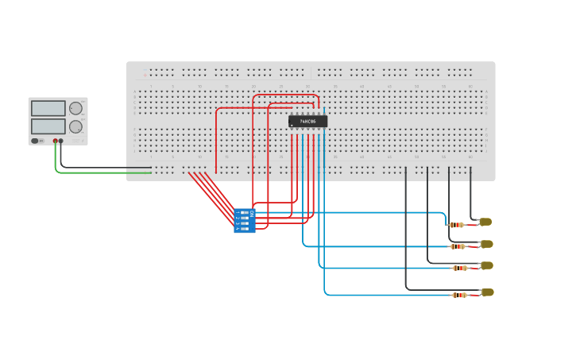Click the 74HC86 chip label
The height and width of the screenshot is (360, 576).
[308, 122]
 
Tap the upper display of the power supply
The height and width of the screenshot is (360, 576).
[48, 108]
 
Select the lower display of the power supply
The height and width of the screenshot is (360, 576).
[48, 126]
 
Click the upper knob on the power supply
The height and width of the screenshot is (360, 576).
[75, 108]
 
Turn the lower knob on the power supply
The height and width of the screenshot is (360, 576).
[75, 126]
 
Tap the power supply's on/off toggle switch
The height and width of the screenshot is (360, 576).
[36, 141]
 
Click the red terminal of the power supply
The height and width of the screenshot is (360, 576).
[56, 141]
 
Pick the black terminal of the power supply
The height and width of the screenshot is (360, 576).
[61, 141]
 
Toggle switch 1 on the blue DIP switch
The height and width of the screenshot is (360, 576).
[244, 213]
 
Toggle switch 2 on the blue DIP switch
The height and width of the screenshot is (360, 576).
[244, 218]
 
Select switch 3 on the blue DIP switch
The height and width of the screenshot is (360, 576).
[244, 223]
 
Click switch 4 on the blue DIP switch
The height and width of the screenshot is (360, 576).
[244, 229]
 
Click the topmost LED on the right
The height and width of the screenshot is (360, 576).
[485, 222]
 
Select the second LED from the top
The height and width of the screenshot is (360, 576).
[486, 244]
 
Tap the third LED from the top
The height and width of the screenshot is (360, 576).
[486, 265]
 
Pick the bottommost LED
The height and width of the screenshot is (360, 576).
[487, 292]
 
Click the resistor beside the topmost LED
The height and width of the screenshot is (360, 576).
[457, 225]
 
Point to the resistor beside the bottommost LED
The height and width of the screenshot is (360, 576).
[460, 296]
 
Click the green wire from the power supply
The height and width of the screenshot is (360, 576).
[95, 172]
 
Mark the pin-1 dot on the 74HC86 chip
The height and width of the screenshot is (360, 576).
[292, 126]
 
